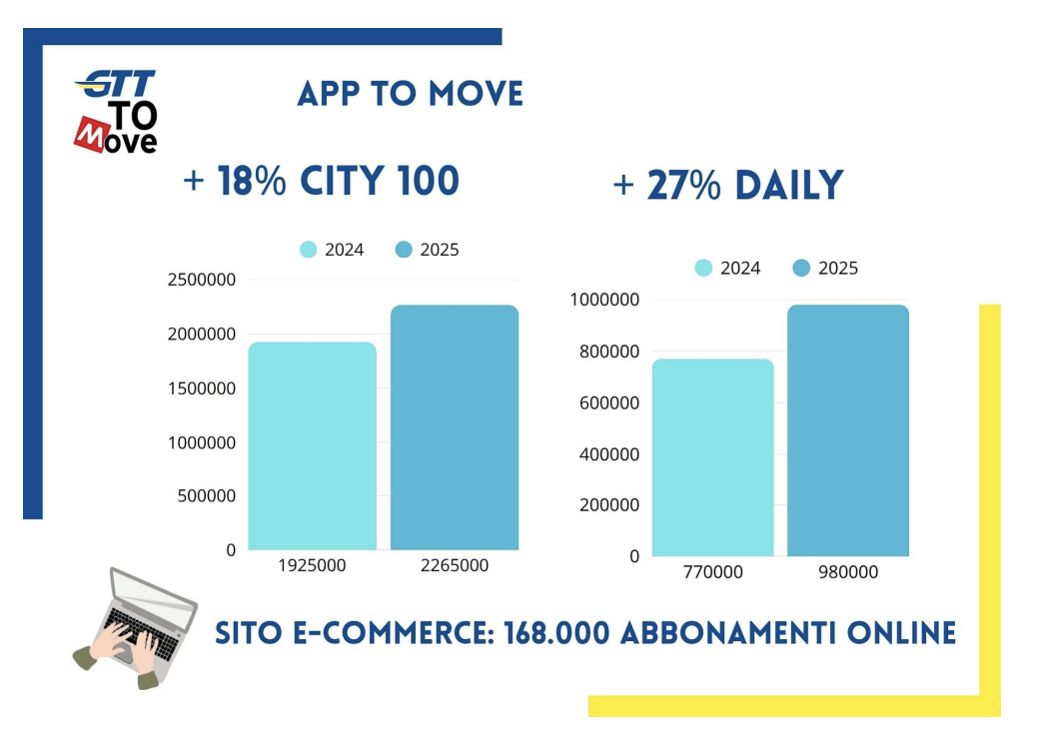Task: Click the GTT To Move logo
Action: pyautogui.click(x=116, y=111)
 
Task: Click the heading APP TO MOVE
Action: pyautogui.click(x=410, y=94)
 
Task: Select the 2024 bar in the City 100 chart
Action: pyautogui.click(x=312, y=446)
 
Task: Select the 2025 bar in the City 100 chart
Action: pyautogui.click(x=455, y=427)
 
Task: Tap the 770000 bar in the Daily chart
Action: pyautogui.click(x=713, y=457)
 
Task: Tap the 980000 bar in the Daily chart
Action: pyautogui.click(x=848, y=430)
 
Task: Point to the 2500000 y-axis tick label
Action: pyautogui.click(x=202, y=280)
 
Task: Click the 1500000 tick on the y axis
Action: pyautogui.click(x=202, y=388)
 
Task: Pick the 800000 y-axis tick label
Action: pyautogui.click(x=609, y=352)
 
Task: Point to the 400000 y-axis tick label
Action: pyautogui.click(x=609, y=454)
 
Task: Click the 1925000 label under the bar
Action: pyautogui.click(x=312, y=566)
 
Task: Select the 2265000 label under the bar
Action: pyautogui.click(x=455, y=566)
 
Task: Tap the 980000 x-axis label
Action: pyautogui.click(x=848, y=572)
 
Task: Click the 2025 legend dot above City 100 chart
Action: pyautogui.click(x=404, y=250)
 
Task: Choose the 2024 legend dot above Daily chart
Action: pyautogui.click(x=703, y=269)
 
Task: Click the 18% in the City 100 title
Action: pyautogui.click(x=252, y=181)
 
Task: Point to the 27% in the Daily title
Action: pyautogui.click(x=683, y=185)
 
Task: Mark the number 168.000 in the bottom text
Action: pyautogui.click(x=556, y=633)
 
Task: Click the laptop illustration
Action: pyautogui.click(x=136, y=628)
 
